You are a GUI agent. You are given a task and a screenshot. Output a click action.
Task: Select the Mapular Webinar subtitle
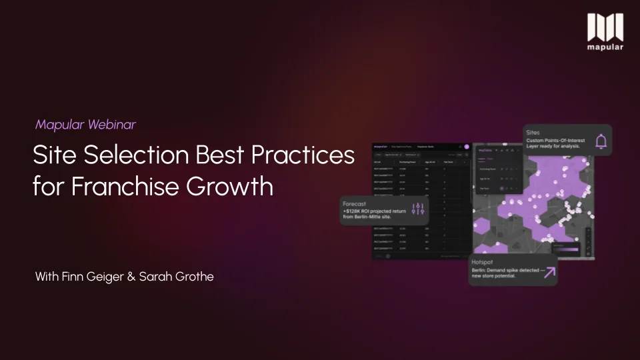[85, 124]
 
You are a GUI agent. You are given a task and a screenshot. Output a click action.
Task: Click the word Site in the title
[55, 155]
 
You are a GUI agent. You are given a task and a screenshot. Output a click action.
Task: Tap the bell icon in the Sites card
[601, 141]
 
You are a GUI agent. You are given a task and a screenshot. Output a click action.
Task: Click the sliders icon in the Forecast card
[419, 209]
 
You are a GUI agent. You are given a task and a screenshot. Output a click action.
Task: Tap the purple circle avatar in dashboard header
[467, 147]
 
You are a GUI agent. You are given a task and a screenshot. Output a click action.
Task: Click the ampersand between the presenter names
[131, 276]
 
